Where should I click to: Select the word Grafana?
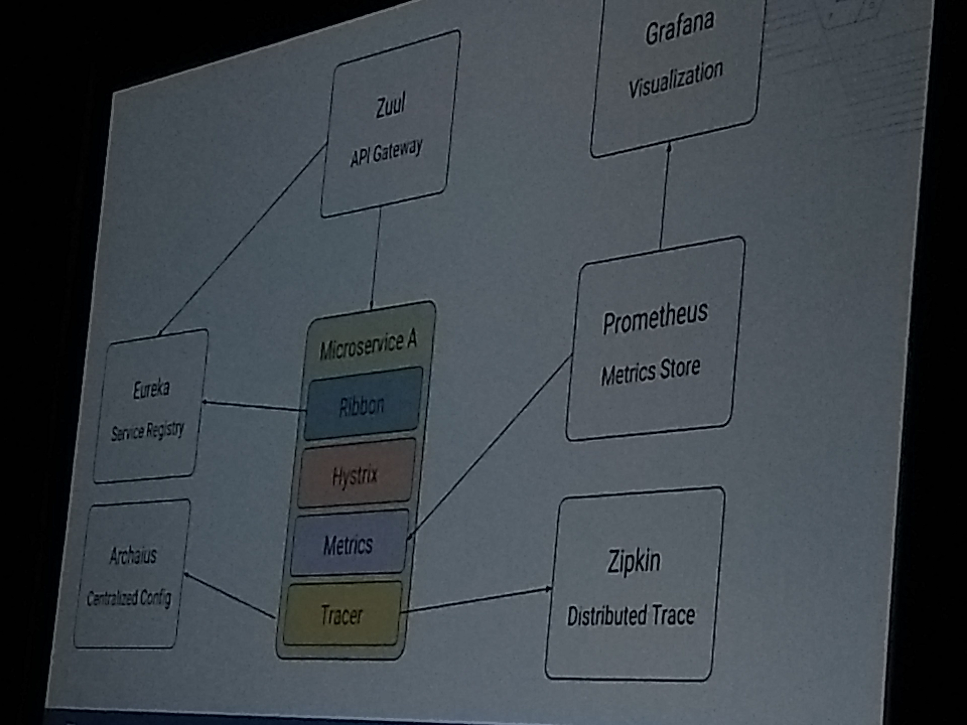coord(679,27)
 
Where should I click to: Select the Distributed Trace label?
coord(631,615)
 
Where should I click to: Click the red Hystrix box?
coord(355,475)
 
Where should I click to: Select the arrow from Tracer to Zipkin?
coord(477,601)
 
